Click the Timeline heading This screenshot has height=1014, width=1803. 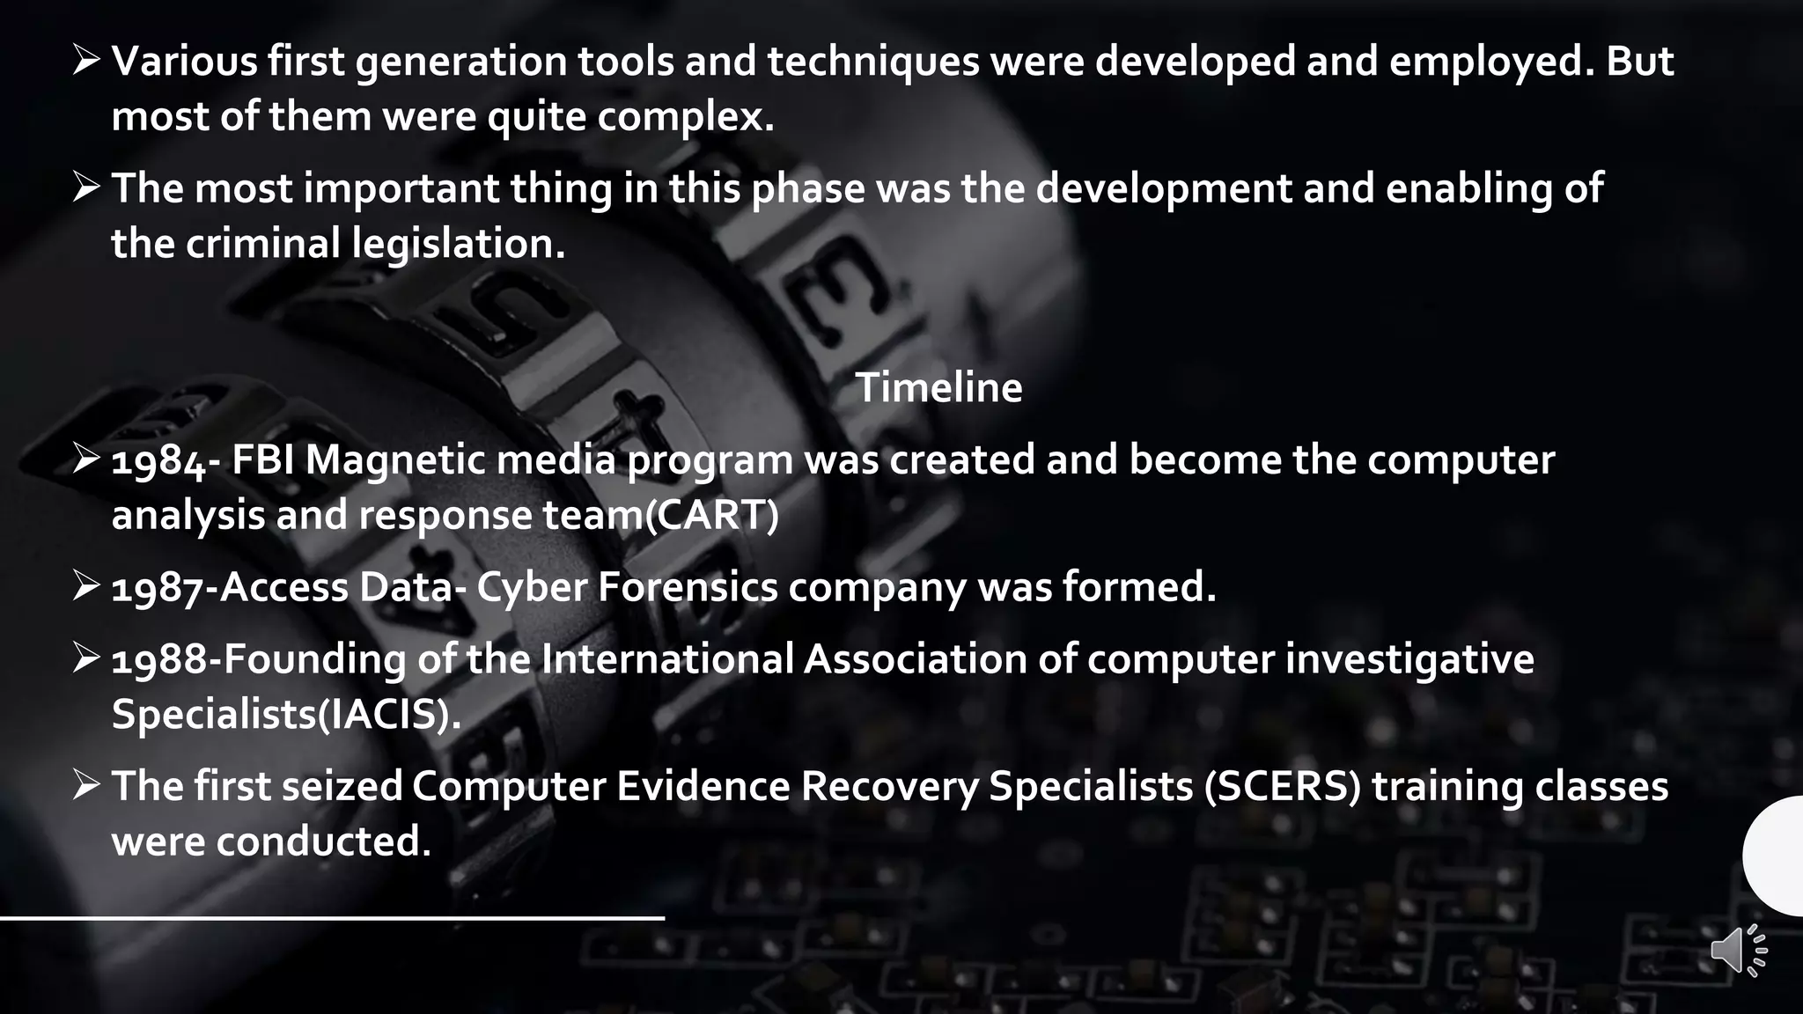[x=938, y=387]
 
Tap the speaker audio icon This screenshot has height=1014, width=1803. [x=1738, y=951]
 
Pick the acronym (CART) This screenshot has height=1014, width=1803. [x=712, y=516]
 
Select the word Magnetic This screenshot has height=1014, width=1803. [x=395, y=460]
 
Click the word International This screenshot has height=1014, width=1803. [x=666, y=659]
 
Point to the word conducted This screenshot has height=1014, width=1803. [x=323, y=842]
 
